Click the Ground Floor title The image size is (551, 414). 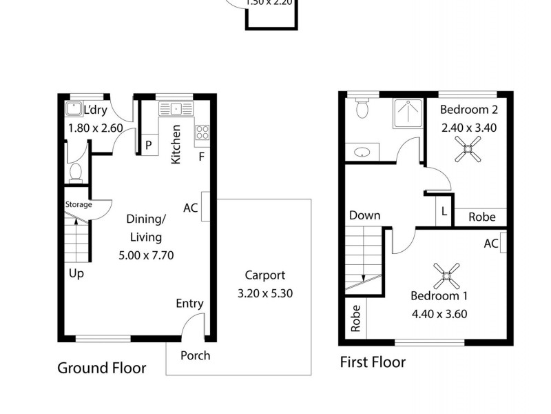[x=101, y=368]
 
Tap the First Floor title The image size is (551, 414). [x=373, y=362]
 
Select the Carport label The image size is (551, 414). [x=265, y=275]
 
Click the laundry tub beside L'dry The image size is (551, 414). [x=74, y=109]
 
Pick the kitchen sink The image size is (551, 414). [x=176, y=108]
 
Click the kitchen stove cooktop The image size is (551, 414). [x=202, y=132]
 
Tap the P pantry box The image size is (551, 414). [x=149, y=146]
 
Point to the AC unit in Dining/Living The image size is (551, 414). [x=205, y=206]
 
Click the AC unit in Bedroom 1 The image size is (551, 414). [x=503, y=244]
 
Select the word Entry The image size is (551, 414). [x=189, y=304]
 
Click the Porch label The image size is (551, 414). [x=195, y=356]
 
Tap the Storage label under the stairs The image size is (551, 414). [x=79, y=205]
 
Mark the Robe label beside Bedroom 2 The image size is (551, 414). [x=481, y=217]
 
